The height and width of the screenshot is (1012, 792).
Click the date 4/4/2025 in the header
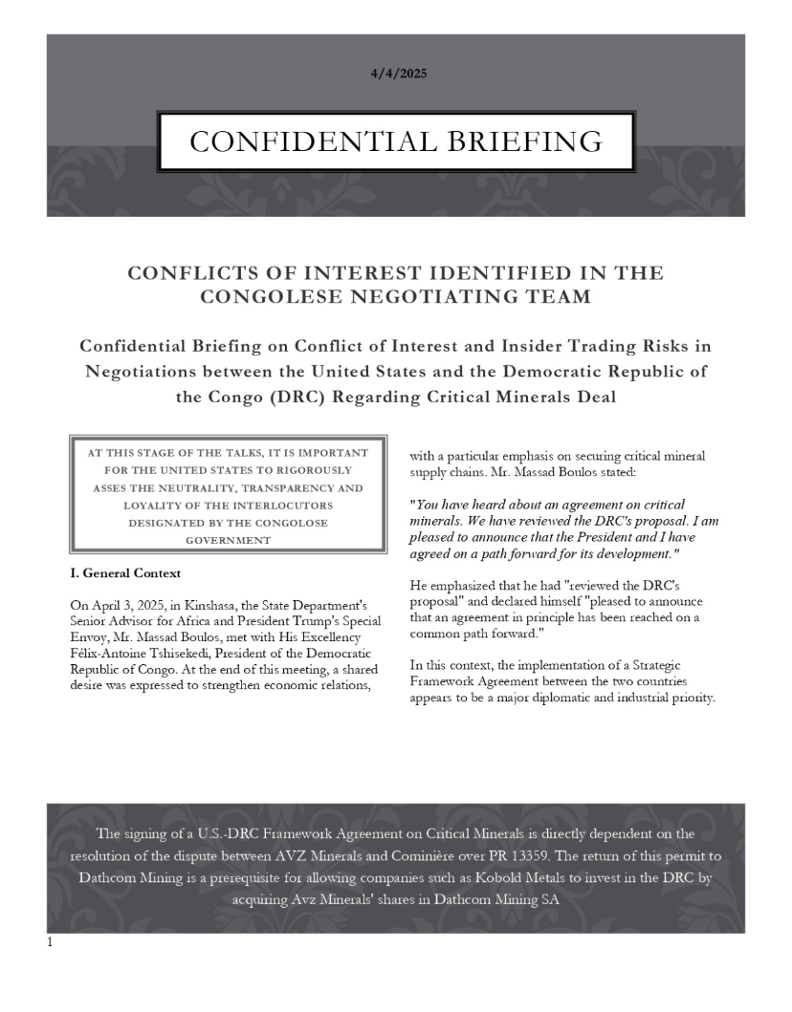point(395,75)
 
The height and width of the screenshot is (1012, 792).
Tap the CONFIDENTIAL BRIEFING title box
point(396,142)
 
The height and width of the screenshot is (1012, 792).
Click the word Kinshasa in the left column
point(202,605)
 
